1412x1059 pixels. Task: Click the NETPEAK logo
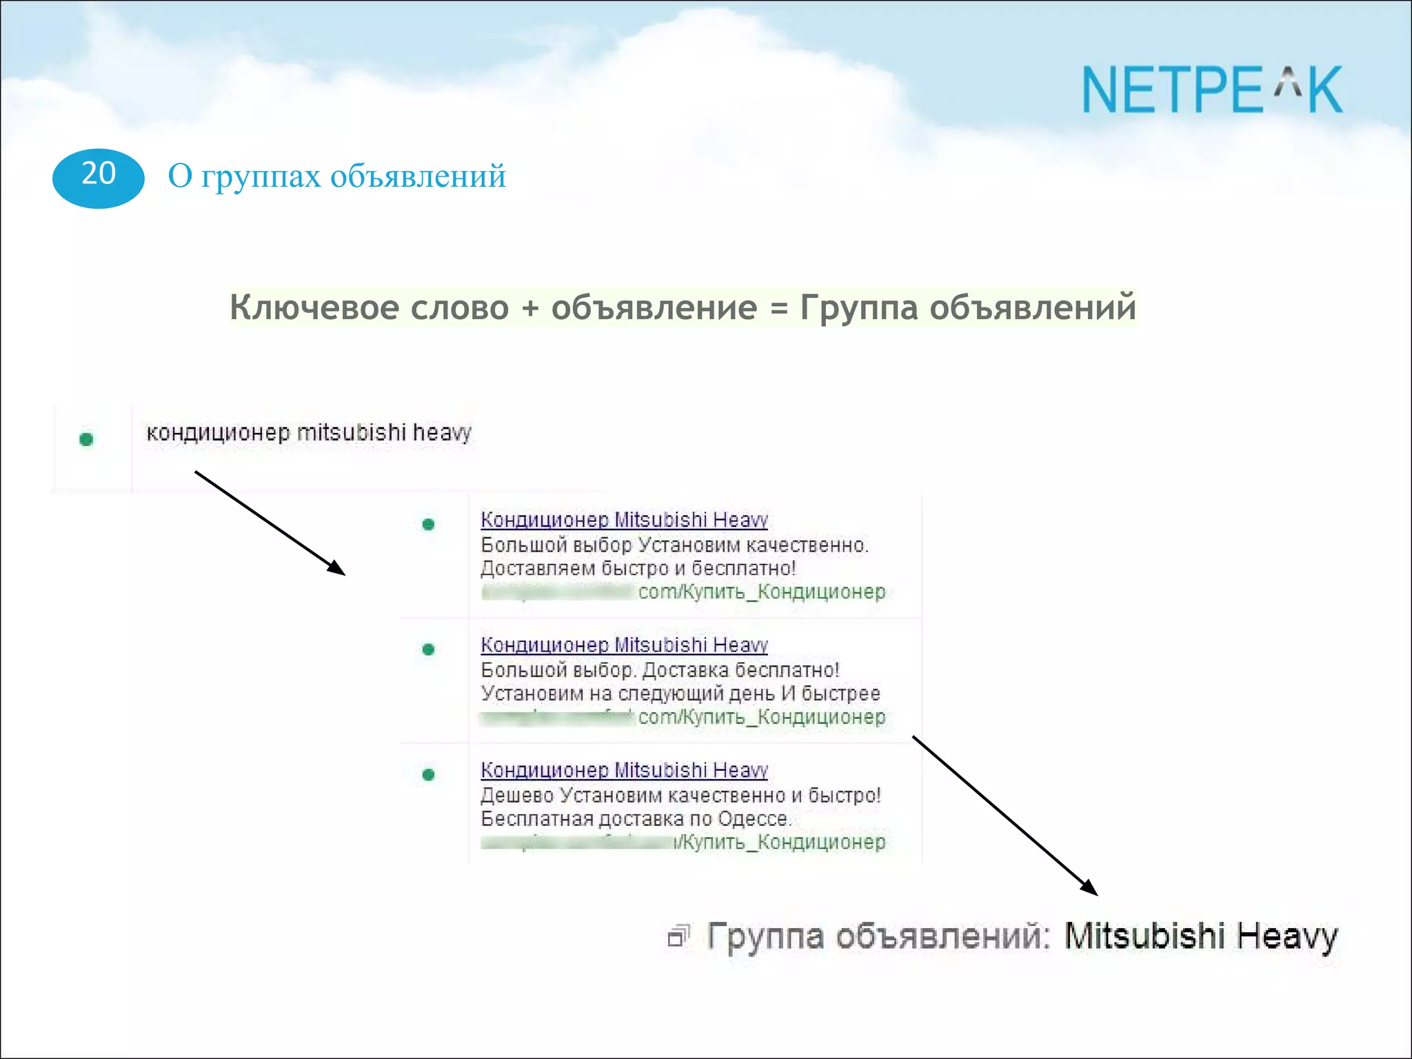coord(1212,90)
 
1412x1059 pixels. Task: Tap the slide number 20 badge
coord(98,177)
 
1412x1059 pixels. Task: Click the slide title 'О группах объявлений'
coord(336,176)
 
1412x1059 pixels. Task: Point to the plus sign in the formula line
coord(529,307)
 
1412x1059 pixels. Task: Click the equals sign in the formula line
coord(778,308)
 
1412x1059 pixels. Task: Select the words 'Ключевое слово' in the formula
coord(369,307)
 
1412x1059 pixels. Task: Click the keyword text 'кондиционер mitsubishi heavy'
coord(308,433)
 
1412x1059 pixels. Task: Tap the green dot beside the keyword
coord(86,439)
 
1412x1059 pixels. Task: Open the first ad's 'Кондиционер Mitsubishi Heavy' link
coord(624,520)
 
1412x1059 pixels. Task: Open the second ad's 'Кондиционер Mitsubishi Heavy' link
coord(624,645)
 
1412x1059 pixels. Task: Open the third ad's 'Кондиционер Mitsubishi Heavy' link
coord(624,770)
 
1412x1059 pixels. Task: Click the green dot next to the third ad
coord(428,775)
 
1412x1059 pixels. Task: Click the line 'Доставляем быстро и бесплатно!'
coord(638,569)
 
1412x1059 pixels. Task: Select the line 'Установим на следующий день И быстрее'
coord(680,694)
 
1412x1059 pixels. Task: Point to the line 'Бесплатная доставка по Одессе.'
coord(636,819)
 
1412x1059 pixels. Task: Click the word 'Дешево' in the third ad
coord(516,796)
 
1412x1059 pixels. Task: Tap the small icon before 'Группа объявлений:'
coord(678,936)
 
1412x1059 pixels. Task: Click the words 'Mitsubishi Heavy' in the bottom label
coord(1200,936)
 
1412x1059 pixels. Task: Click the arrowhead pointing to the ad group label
coord(1090,889)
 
